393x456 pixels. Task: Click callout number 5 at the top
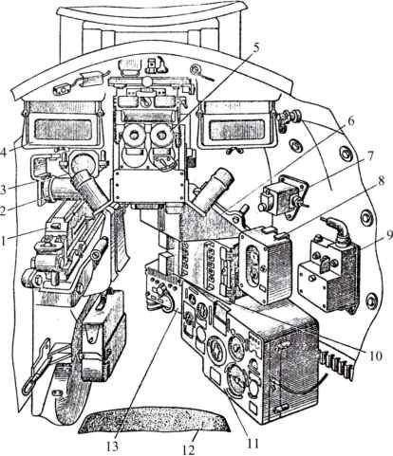click(x=255, y=47)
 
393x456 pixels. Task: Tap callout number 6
click(x=351, y=122)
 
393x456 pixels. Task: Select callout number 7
click(x=370, y=155)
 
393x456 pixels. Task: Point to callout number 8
click(x=382, y=181)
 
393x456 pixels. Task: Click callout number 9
click(x=388, y=235)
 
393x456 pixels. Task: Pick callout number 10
click(x=374, y=356)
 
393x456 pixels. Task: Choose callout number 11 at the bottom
click(x=253, y=443)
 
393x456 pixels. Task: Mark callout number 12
click(x=189, y=449)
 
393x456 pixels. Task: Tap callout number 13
click(x=112, y=447)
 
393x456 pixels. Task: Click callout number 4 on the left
click(x=3, y=152)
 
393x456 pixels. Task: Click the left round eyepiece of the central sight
click(x=134, y=136)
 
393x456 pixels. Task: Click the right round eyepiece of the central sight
click(x=161, y=136)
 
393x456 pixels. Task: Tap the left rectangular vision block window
click(x=64, y=130)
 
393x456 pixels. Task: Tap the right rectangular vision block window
click(x=236, y=130)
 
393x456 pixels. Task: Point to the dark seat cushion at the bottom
click(x=154, y=420)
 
